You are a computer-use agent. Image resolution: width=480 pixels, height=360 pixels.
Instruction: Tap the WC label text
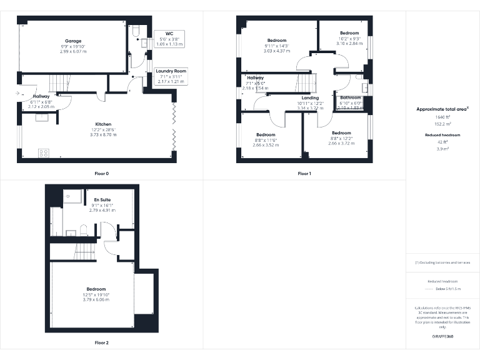tap(169, 33)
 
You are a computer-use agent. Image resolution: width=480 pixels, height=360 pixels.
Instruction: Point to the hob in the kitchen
tap(44, 152)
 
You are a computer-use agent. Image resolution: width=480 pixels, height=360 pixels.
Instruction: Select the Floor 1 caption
tap(304, 173)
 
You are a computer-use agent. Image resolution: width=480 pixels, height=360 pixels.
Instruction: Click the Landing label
tap(310, 98)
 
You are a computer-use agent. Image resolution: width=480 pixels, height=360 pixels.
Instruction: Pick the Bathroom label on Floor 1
tap(351, 98)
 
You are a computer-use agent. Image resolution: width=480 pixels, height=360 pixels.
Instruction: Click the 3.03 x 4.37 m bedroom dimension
tap(276, 51)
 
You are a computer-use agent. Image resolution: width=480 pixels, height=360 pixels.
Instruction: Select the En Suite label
tap(102, 199)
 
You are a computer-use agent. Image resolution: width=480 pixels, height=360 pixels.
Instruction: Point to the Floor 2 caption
tap(101, 342)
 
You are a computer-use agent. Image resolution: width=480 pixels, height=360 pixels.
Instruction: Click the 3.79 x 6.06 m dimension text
tap(96, 300)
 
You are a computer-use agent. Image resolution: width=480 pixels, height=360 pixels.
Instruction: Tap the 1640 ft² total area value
tap(442, 117)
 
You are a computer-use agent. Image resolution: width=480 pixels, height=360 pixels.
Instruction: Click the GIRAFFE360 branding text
tap(442, 337)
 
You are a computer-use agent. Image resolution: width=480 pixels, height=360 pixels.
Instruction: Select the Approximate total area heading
tap(442, 109)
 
